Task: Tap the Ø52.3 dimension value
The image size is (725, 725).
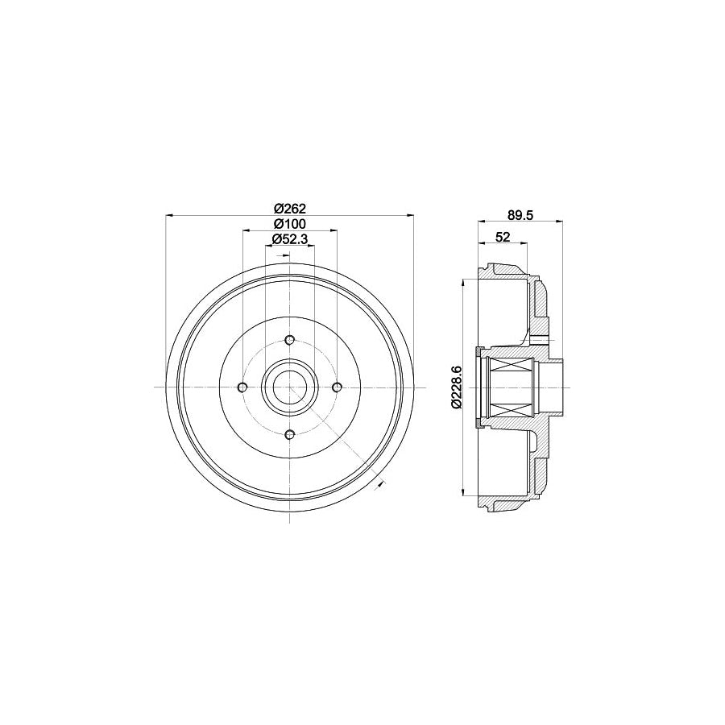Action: click(x=288, y=238)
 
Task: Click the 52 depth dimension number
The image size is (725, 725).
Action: click(x=503, y=236)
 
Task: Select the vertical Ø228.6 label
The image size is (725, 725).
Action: click(x=456, y=387)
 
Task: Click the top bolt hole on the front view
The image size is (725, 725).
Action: click(x=290, y=340)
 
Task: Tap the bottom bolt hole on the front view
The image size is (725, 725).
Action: click(x=290, y=435)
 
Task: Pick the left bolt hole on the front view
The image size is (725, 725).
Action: click(x=242, y=387)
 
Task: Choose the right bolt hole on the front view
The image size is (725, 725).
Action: click(x=338, y=387)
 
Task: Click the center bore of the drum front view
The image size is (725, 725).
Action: click(x=290, y=387)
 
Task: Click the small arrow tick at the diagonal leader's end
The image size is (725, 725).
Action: click(x=379, y=484)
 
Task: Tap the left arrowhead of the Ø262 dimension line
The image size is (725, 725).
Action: click(x=168, y=216)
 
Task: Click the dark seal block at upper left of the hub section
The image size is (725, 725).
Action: click(x=479, y=352)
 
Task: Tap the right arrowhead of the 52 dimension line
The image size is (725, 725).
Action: click(x=525, y=243)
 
